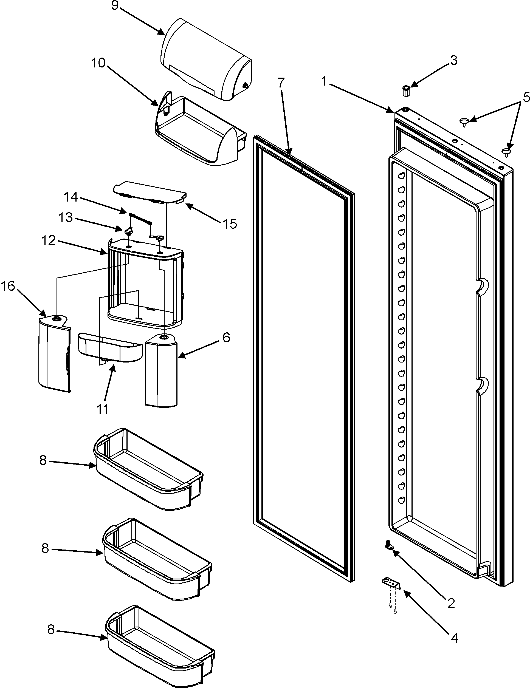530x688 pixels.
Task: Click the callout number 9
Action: [115, 6]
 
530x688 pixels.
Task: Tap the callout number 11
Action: [103, 409]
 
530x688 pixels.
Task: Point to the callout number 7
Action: [281, 83]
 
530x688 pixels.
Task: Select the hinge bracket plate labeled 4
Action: [391, 582]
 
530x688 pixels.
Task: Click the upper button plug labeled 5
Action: [464, 121]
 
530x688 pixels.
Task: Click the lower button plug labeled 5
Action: [507, 152]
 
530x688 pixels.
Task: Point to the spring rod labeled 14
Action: [140, 218]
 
